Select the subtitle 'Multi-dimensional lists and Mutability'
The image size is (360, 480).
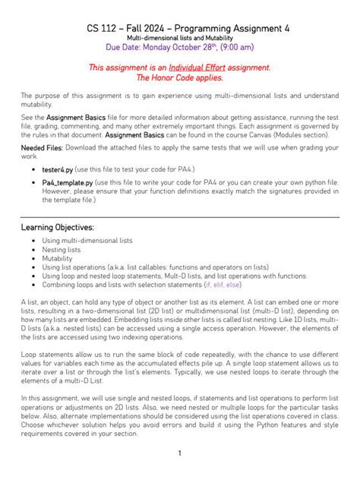pyautogui.click(x=179, y=37)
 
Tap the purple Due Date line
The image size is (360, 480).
pyautogui.click(x=179, y=47)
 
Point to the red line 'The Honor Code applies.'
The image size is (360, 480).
pyautogui.click(x=179, y=77)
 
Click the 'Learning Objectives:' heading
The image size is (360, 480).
pyautogui.click(x=58, y=227)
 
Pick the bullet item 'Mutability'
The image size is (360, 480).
pyautogui.click(x=58, y=258)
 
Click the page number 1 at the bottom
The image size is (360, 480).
pyautogui.click(x=179, y=453)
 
